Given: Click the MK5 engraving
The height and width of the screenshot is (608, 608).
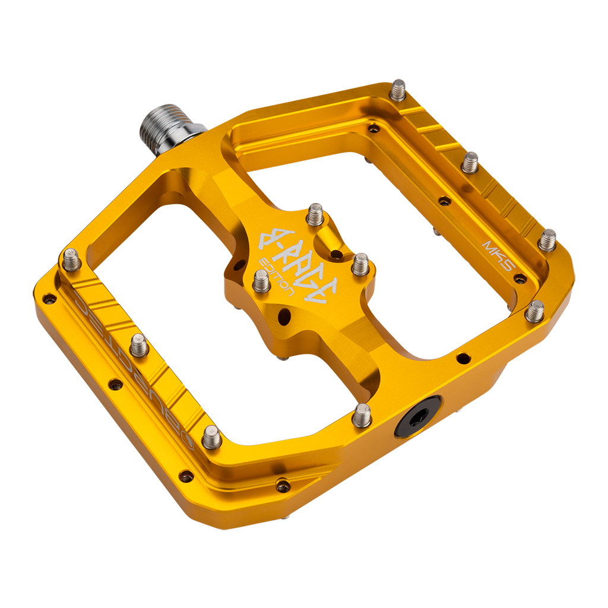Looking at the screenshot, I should pyautogui.click(x=498, y=254).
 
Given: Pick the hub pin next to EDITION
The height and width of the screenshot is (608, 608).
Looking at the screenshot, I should pyautogui.click(x=261, y=281).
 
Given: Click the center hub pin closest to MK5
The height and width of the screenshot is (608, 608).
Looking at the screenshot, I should pyautogui.click(x=360, y=265).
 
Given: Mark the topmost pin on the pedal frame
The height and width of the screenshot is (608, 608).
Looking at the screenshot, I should pyautogui.click(x=398, y=91).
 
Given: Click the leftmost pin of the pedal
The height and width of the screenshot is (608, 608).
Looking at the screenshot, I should pyautogui.click(x=72, y=259).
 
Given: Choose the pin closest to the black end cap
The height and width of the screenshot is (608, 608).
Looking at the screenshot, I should pyautogui.click(x=362, y=416).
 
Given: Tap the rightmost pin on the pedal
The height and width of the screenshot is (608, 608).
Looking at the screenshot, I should pyautogui.click(x=547, y=240).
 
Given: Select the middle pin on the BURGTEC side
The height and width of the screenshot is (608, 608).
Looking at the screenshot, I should pyautogui.click(x=139, y=346).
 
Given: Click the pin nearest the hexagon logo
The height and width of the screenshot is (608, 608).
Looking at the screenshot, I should pyautogui.click(x=211, y=438).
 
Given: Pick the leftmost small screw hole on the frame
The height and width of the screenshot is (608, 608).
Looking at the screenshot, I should pyautogui.click(x=49, y=299).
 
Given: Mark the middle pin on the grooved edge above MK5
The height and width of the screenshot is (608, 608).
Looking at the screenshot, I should pyautogui.click(x=470, y=162).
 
